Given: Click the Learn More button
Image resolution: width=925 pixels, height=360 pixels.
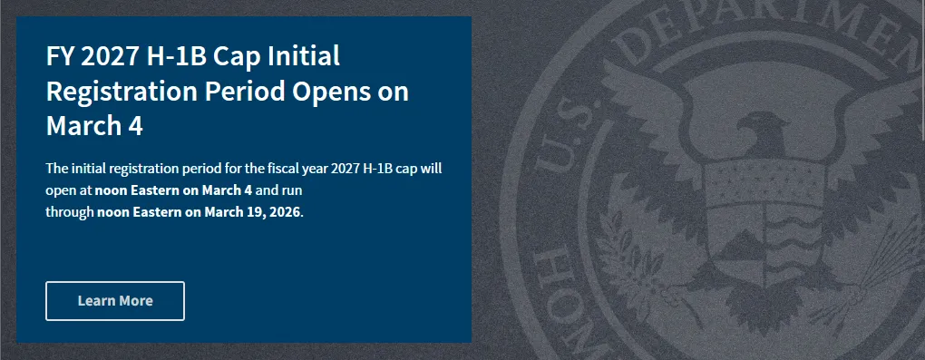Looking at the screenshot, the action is pyautogui.click(x=115, y=301).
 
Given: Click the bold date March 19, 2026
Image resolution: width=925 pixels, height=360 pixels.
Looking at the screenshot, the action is pyautogui.click(x=252, y=212).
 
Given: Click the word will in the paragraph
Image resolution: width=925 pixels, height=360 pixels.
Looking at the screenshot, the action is pyautogui.click(x=432, y=169).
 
